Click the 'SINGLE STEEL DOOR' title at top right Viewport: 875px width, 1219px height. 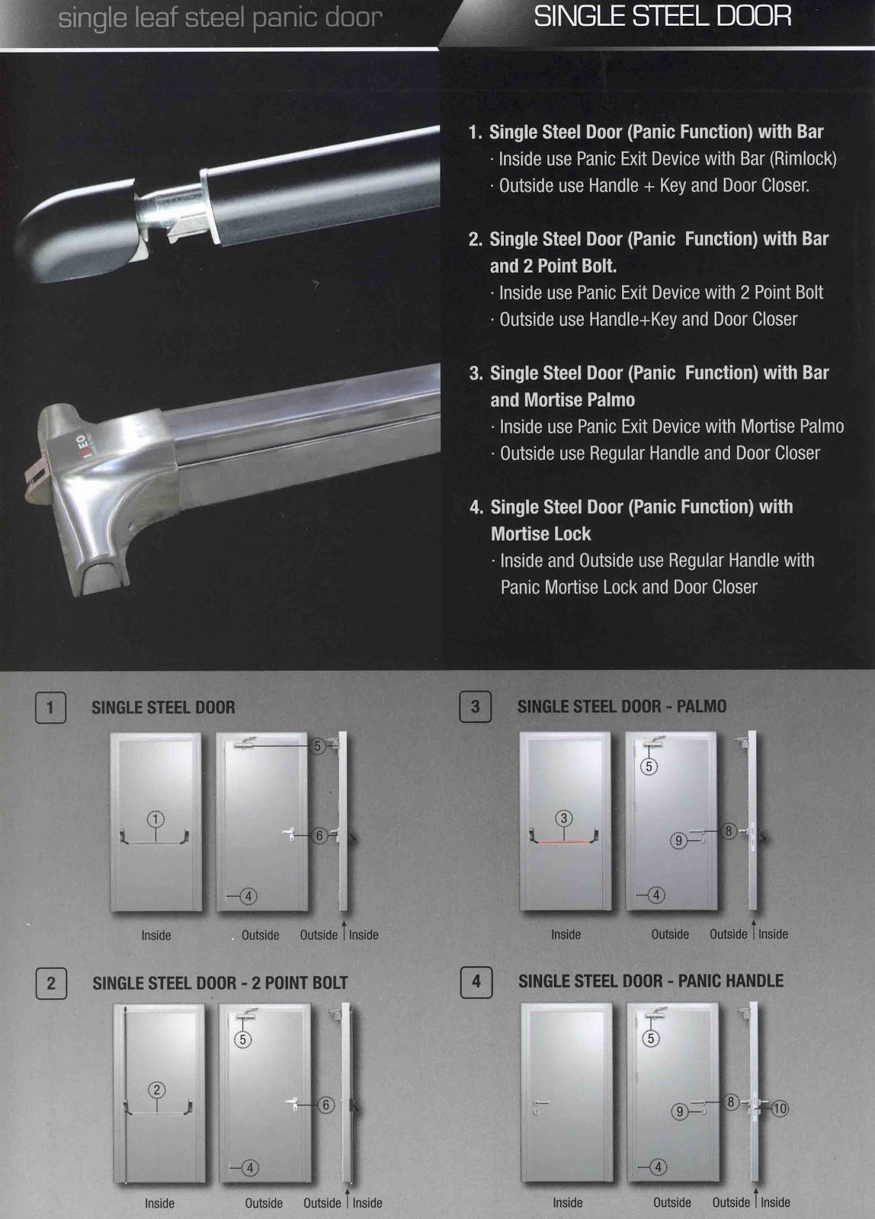[662, 16]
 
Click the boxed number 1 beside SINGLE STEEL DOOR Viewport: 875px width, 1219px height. [50, 707]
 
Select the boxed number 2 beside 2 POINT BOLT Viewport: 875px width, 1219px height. [50, 983]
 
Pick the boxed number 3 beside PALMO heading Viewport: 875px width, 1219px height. [475, 706]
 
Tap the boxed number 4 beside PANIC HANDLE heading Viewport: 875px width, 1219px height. [476, 981]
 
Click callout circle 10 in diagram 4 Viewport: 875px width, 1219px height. [780, 1109]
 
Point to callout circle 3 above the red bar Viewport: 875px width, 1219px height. [564, 818]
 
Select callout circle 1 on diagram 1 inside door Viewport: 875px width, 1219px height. [155, 820]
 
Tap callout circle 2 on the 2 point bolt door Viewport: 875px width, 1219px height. [157, 1089]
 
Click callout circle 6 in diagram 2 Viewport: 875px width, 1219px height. [325, 1105]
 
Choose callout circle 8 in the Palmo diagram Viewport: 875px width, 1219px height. [729, 831]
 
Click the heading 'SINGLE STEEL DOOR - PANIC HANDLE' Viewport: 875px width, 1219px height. [650, 981]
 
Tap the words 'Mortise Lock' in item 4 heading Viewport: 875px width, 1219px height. [540, 533]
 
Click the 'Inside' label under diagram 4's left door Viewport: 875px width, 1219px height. [567, 1202]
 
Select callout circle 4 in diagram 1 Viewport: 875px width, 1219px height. [248, 896]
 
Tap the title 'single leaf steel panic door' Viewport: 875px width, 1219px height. [220, 18]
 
